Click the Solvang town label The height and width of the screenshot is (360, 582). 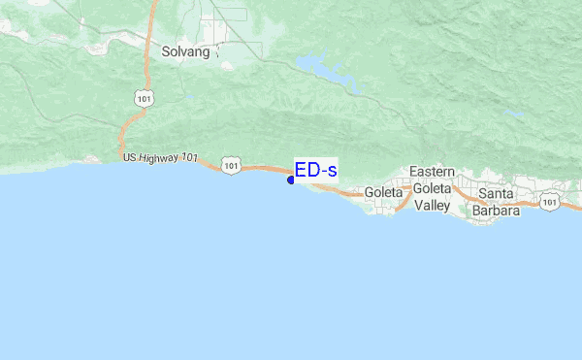[186, 51]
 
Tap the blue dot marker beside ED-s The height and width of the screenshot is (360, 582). [291, 180]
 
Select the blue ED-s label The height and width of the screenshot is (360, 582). [316, 171]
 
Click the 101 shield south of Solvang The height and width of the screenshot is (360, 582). [144, 98]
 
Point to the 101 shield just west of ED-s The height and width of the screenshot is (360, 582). [230, 166]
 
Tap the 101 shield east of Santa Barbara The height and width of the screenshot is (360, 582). [550, 202]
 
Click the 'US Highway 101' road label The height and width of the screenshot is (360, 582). [160, 157]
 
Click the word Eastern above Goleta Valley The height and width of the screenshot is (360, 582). [432, 172]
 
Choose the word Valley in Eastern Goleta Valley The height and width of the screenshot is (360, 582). [432, 205]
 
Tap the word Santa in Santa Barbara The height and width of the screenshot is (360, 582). [496, 193]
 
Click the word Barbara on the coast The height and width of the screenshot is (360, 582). [496, 210]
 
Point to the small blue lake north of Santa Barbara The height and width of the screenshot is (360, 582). [514, 115]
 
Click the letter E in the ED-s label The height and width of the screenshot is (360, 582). [302, 171]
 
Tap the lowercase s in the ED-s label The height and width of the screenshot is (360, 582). [332, 172]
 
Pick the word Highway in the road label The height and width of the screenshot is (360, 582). [159, 157]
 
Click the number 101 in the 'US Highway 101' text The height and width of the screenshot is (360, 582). [189, 160]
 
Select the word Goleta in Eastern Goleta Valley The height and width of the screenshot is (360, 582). [432, 188]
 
